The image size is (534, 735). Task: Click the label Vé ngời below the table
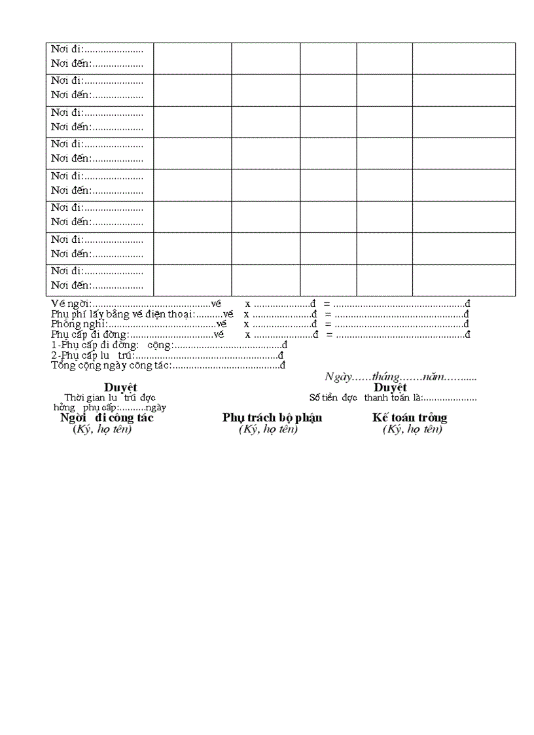click(71, 304)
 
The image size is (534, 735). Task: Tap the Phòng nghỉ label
click(79, 324)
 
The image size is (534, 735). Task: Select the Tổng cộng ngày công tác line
click(111, 365)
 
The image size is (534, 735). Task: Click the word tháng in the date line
click(385, 377)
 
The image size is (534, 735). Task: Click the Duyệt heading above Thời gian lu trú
click(120, 387)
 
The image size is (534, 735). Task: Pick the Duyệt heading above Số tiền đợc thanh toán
click(390, 387)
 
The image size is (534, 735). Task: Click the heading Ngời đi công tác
click(107, 418)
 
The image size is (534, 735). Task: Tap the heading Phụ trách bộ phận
click(272, 418)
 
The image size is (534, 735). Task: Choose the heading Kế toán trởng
click(410, 418)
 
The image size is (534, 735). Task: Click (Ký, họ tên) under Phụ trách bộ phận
click(268, 429)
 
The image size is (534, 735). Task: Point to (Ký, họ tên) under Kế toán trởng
click(412, 429)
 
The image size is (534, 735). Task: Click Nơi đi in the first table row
click(67, 50)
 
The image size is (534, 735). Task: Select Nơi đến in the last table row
click(71, 285)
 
